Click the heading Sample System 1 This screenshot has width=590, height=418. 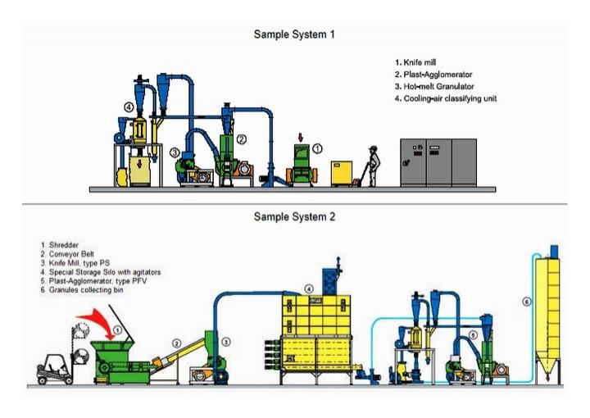point(294,34)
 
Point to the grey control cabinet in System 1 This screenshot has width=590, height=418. point(438,162)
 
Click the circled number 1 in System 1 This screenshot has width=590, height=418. point(318,148)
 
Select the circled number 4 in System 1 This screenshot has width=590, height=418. point(129,107)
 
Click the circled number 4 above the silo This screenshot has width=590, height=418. point(308,289)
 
